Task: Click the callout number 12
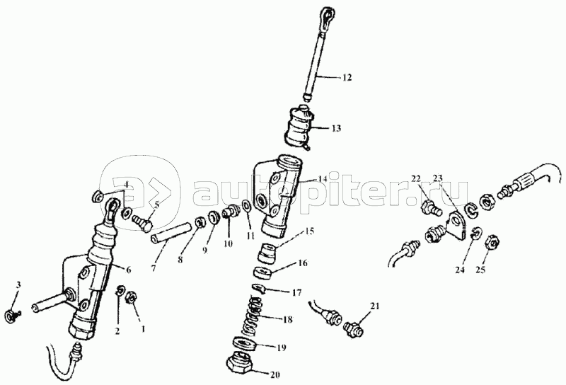click(x=347, y=78)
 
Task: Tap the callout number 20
click(x=275, y=375)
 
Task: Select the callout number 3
click(x=18, y=285)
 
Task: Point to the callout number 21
click(x=375, y=306)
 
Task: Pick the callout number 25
click(x=480, y=270)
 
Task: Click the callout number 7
click(x=154, y=269)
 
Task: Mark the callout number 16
click(x=303, y=263)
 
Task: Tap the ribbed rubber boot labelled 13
click(x=299, y=127)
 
